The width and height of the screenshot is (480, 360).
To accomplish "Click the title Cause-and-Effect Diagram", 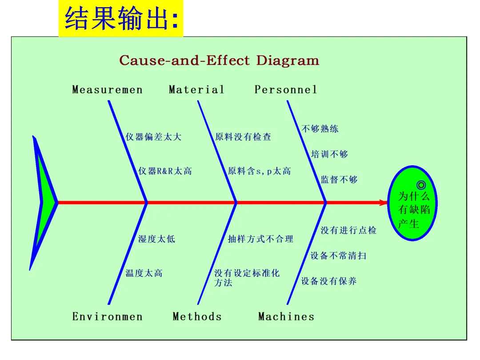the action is coord(219,60).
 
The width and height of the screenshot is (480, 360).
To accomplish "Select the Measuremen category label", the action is coord(108,90).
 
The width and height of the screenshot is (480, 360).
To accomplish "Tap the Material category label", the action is coord(196,90).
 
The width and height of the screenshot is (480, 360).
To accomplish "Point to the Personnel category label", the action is coord(286,90).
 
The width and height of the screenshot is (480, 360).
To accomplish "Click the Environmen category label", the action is coord(108,317).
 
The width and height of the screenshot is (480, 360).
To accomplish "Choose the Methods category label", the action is coord(197,317).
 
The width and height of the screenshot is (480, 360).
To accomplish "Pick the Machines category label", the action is coord(286,317).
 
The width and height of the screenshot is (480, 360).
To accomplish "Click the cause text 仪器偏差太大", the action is coord(153,137).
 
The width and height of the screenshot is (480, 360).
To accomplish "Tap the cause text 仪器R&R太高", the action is coord(165,171).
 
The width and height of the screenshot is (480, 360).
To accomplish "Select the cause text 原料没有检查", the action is coord(243,137).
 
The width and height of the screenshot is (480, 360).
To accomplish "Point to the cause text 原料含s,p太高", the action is coord(260,171).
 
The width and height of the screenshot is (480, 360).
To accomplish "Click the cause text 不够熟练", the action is coord(320,129).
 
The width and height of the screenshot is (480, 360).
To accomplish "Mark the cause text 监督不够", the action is coord(339,180).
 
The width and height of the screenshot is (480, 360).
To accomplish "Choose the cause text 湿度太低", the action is coord(156,239).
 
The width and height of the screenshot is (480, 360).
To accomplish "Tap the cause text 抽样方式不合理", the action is coord(260,239).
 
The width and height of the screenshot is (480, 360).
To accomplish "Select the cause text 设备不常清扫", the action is coord(338,256).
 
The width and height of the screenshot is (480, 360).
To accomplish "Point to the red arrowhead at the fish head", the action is coord(384,203).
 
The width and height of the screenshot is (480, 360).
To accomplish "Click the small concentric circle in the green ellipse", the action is coord(421,185).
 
